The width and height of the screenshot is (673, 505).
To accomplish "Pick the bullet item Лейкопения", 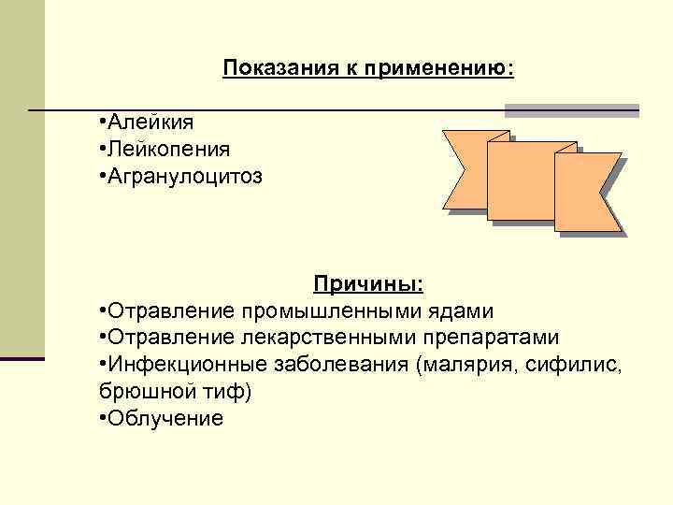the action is (168, 149).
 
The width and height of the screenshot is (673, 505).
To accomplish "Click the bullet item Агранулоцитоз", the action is (184, 175).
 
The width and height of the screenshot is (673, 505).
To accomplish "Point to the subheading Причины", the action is (367, 282).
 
